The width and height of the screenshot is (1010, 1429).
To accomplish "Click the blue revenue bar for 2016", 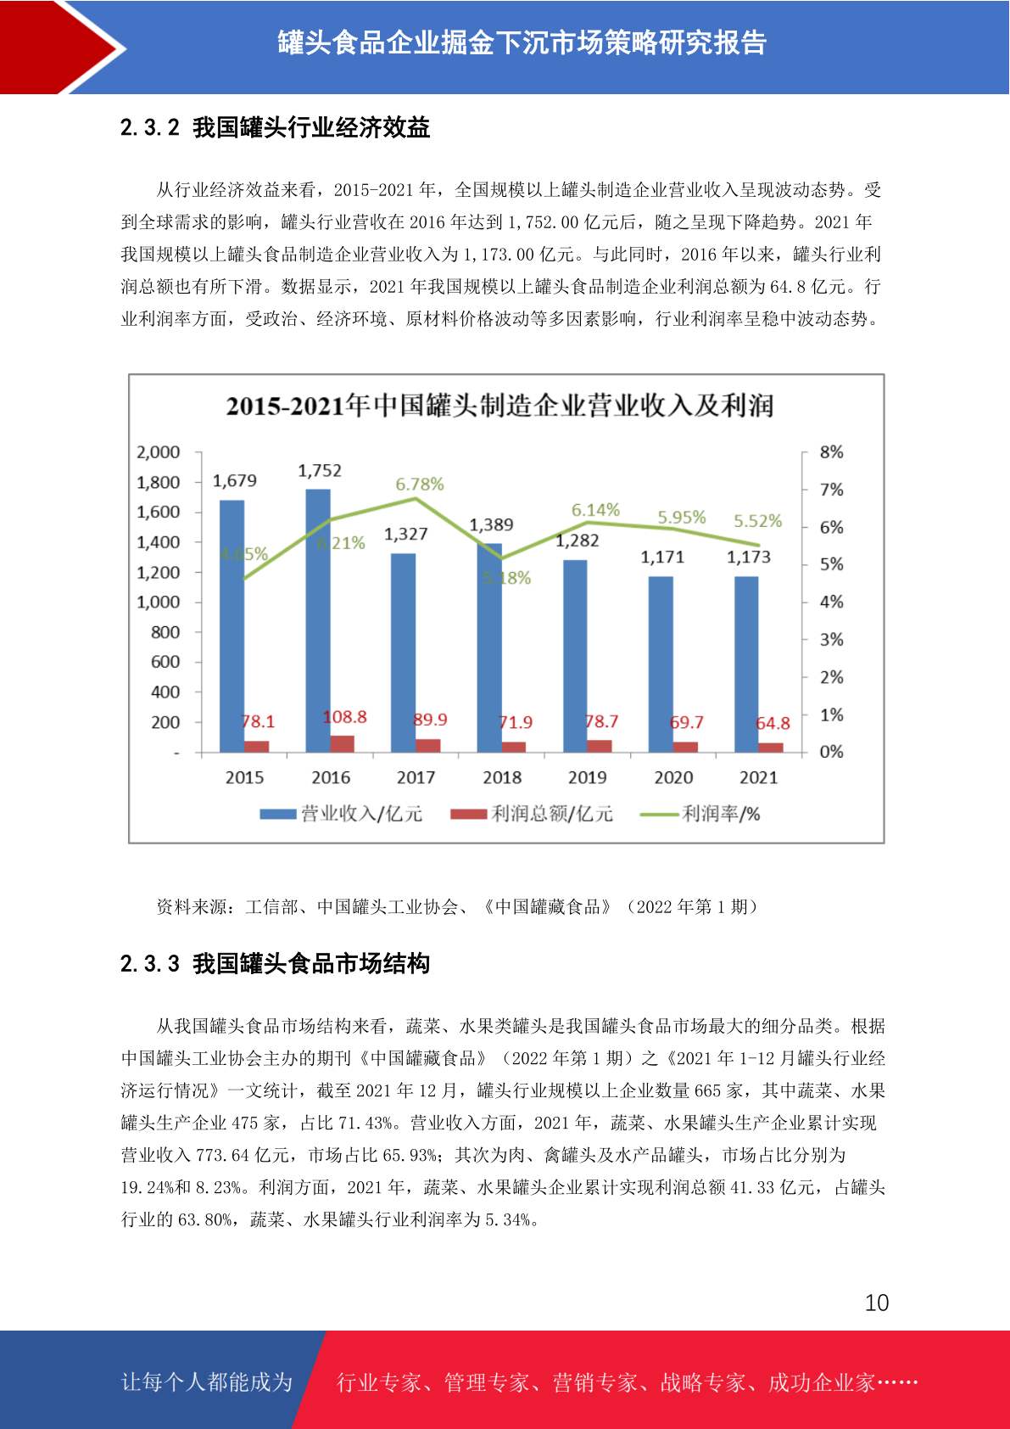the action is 317,620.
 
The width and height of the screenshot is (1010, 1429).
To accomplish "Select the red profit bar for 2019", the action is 600,747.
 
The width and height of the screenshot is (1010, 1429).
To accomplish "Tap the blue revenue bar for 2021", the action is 746,664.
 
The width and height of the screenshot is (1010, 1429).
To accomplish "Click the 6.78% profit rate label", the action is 420,485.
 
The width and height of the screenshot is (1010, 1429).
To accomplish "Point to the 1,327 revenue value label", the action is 405,534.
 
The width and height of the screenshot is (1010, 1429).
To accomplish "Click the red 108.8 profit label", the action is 345,717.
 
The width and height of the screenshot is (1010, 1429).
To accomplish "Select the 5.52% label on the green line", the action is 757,520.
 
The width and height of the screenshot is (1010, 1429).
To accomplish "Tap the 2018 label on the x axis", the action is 502,777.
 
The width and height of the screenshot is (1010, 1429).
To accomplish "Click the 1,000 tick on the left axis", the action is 158,602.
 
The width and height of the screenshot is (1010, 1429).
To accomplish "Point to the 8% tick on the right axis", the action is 831,452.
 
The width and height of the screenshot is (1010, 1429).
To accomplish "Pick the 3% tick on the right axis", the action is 831,640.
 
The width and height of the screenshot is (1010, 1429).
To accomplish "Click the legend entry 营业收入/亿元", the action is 341,814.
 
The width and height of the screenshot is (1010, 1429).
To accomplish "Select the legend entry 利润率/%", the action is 700,814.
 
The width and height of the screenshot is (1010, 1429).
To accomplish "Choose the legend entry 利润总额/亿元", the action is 532,814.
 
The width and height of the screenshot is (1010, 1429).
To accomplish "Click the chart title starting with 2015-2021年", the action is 499,406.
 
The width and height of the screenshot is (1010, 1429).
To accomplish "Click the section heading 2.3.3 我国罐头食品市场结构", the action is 275,963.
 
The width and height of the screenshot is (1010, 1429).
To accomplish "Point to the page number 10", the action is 877,1303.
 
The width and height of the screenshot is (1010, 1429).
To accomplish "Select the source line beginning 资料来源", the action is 457,906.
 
